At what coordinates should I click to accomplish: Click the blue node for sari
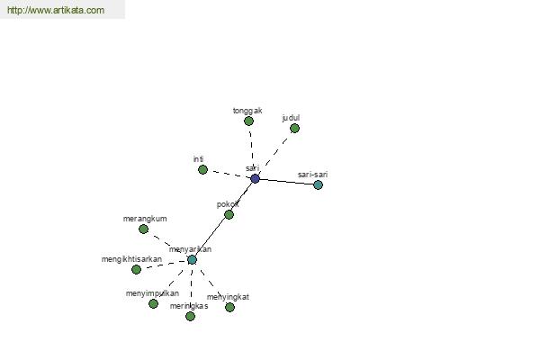(255, 178)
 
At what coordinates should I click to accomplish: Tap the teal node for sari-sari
(318, 185)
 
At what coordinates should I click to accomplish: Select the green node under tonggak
(248, 121)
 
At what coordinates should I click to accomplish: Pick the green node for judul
(294, 129)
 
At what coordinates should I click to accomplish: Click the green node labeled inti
(202, 169)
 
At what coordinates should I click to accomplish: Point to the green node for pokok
(229, 214)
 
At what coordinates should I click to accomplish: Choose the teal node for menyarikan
(193, 260)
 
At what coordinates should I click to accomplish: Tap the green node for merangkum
(144, 229)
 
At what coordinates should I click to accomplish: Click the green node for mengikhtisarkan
(137, 269)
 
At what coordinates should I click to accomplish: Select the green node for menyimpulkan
(153, 303)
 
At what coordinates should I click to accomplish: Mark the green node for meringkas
(190, 316)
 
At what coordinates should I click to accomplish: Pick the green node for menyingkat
(229, 307)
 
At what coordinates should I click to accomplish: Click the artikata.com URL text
(56, 10)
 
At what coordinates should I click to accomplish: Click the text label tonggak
(247, 111)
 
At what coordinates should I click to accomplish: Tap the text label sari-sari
(312, 175)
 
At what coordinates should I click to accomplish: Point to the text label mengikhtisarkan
(131, 259)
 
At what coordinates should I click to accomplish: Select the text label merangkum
(145, 219)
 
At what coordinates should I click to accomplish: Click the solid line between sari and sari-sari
(286, 182)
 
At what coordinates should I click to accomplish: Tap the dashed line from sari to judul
(276, 152)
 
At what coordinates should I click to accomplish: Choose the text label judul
(291, 118)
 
